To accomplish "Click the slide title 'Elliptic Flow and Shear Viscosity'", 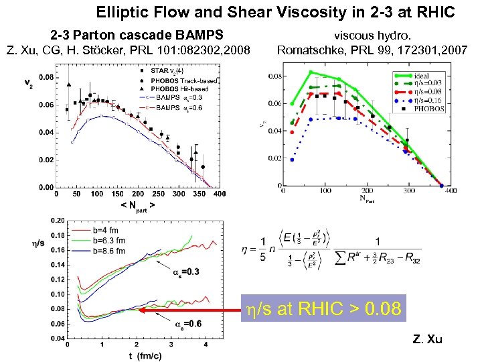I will coord(275,12).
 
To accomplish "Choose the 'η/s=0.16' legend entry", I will coord(424,99).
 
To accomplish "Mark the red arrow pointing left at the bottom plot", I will coord(191,310).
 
